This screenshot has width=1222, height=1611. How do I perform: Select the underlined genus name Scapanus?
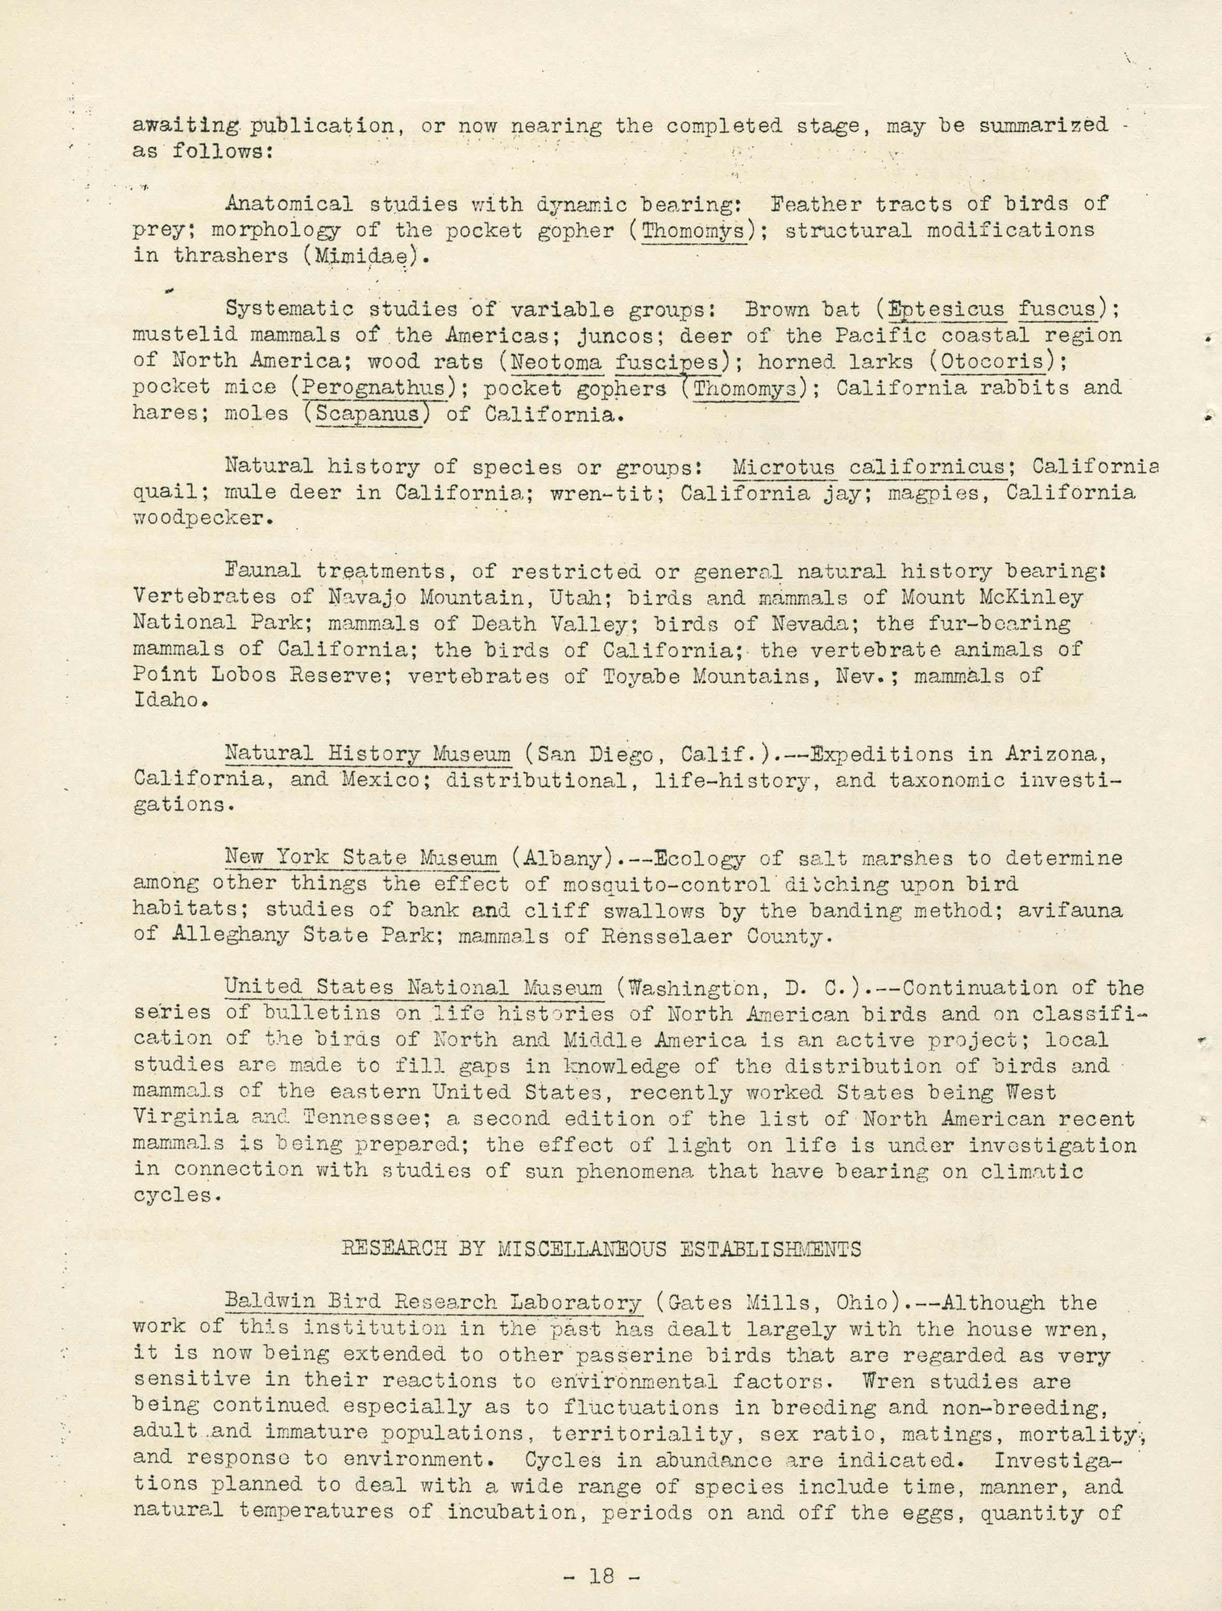coord(364,415)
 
